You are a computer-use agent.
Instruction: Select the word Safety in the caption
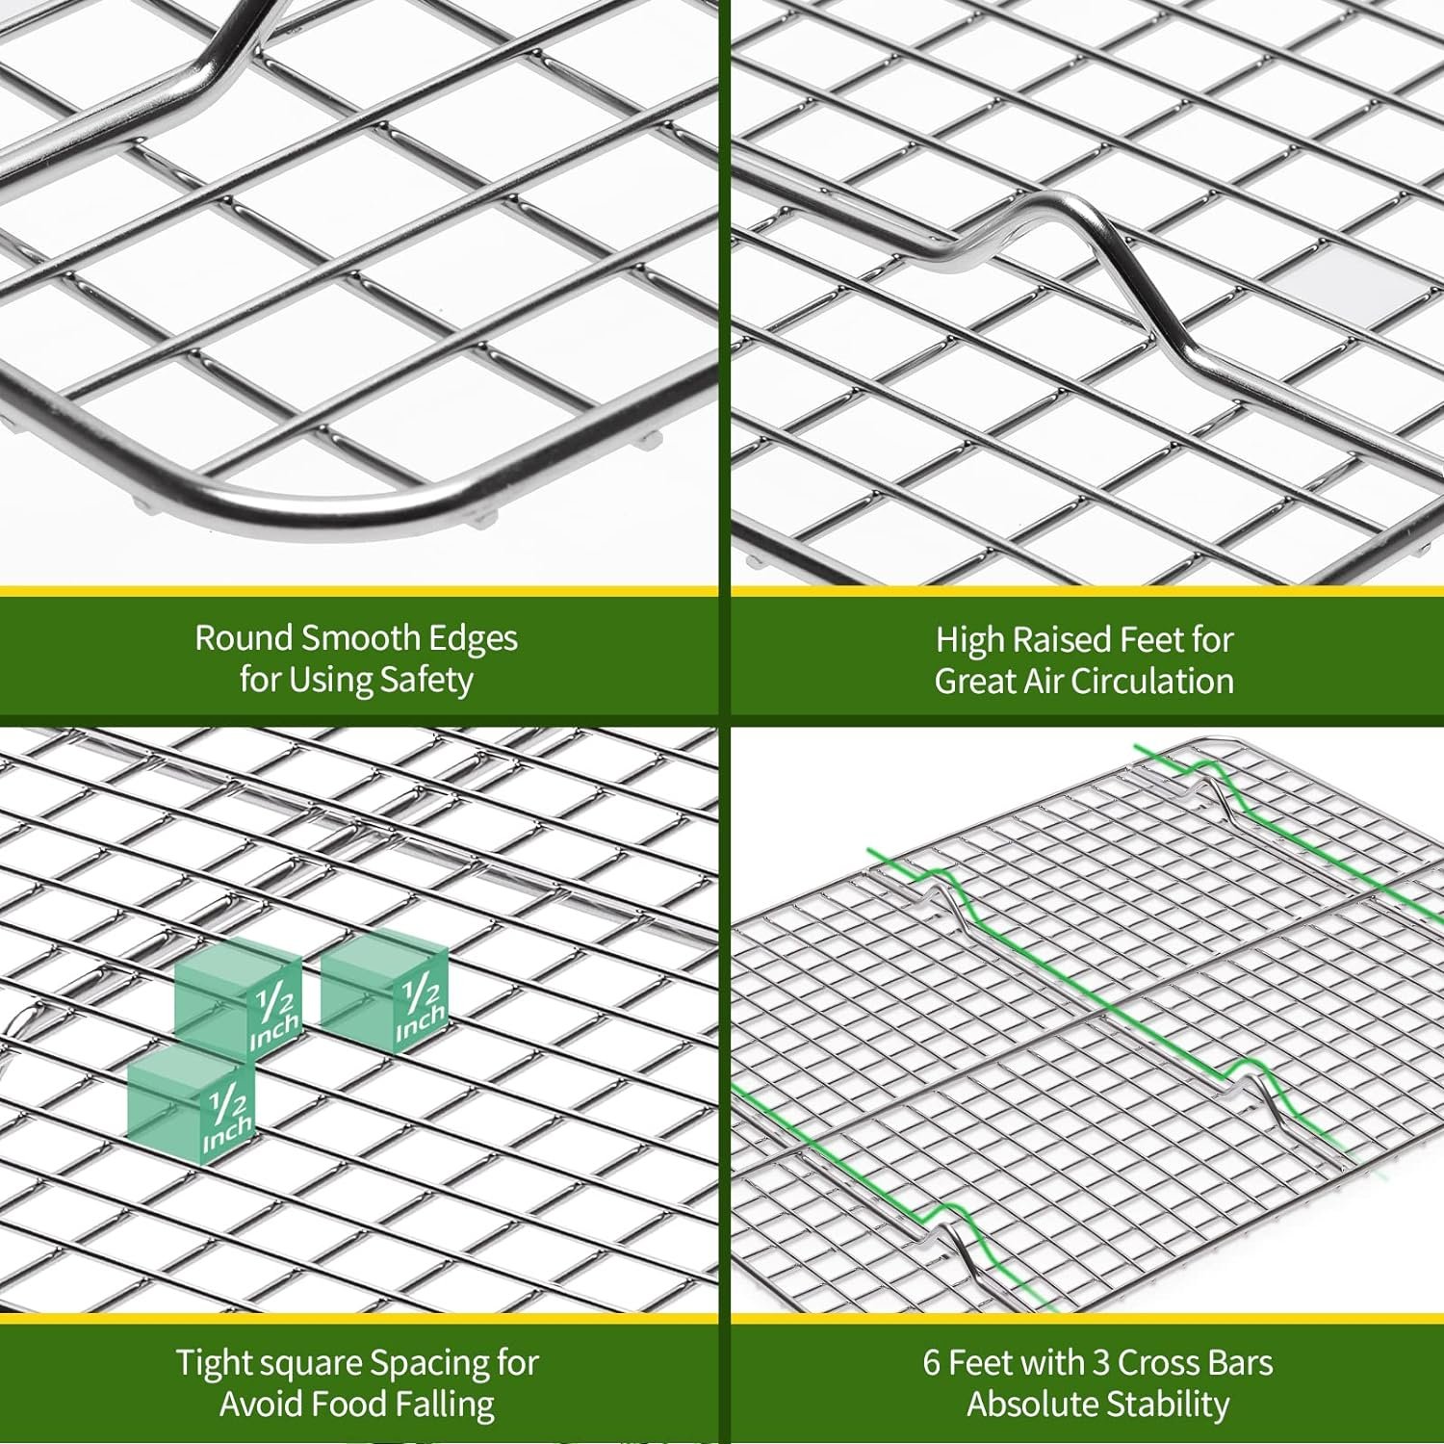pyautogui.click(x=426, y=681)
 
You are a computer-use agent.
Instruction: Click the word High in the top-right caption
pyautogui.click(x=969, y=640)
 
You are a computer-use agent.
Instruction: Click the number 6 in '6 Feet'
pyautogui.click(x=932, y=1364)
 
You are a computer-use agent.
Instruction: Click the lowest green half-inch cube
pyautogui.click(x=192, y=1106)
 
